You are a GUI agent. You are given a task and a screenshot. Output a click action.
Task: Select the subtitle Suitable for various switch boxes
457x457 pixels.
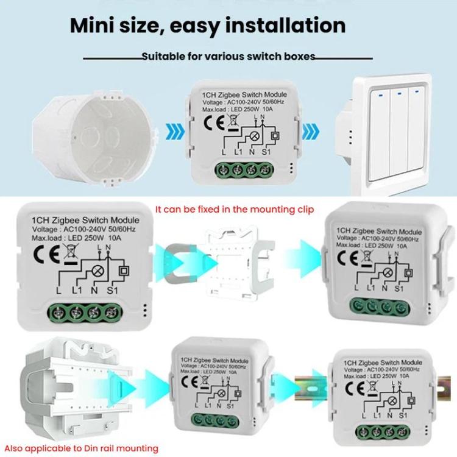point(228,57)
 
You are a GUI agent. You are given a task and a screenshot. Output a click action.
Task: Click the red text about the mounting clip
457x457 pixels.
point(235,209)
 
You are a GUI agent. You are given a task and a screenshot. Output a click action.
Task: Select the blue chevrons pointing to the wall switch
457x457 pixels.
point(313,130)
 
